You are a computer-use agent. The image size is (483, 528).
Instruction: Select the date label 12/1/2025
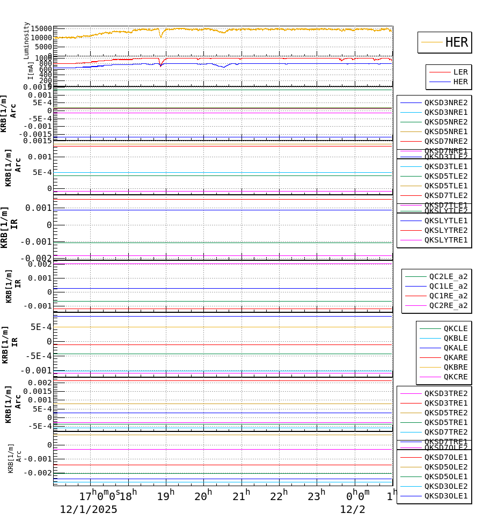88,509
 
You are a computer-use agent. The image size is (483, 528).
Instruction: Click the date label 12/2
353,509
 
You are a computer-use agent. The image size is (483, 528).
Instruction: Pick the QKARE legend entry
455,357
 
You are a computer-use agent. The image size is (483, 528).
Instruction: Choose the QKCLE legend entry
455,328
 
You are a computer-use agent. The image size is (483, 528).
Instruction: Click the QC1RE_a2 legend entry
448,296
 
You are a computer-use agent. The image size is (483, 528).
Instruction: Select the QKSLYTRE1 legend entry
446,240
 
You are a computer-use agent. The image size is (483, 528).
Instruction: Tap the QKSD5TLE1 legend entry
446,186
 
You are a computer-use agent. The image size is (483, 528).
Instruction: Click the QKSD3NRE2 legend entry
446,102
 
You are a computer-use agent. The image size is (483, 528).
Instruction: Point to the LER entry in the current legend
460,72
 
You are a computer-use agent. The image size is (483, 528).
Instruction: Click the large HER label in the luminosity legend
457,42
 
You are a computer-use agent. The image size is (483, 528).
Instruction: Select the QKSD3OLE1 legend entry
446,496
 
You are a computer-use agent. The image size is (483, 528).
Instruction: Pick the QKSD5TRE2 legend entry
446,413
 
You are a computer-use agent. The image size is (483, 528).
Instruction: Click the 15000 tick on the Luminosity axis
41,29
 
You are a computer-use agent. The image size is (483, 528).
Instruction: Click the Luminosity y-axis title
26,40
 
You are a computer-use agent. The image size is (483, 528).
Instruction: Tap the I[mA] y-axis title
31,70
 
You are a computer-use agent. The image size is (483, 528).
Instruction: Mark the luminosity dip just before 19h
160,36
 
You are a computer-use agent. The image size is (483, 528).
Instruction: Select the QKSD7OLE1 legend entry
446,457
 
